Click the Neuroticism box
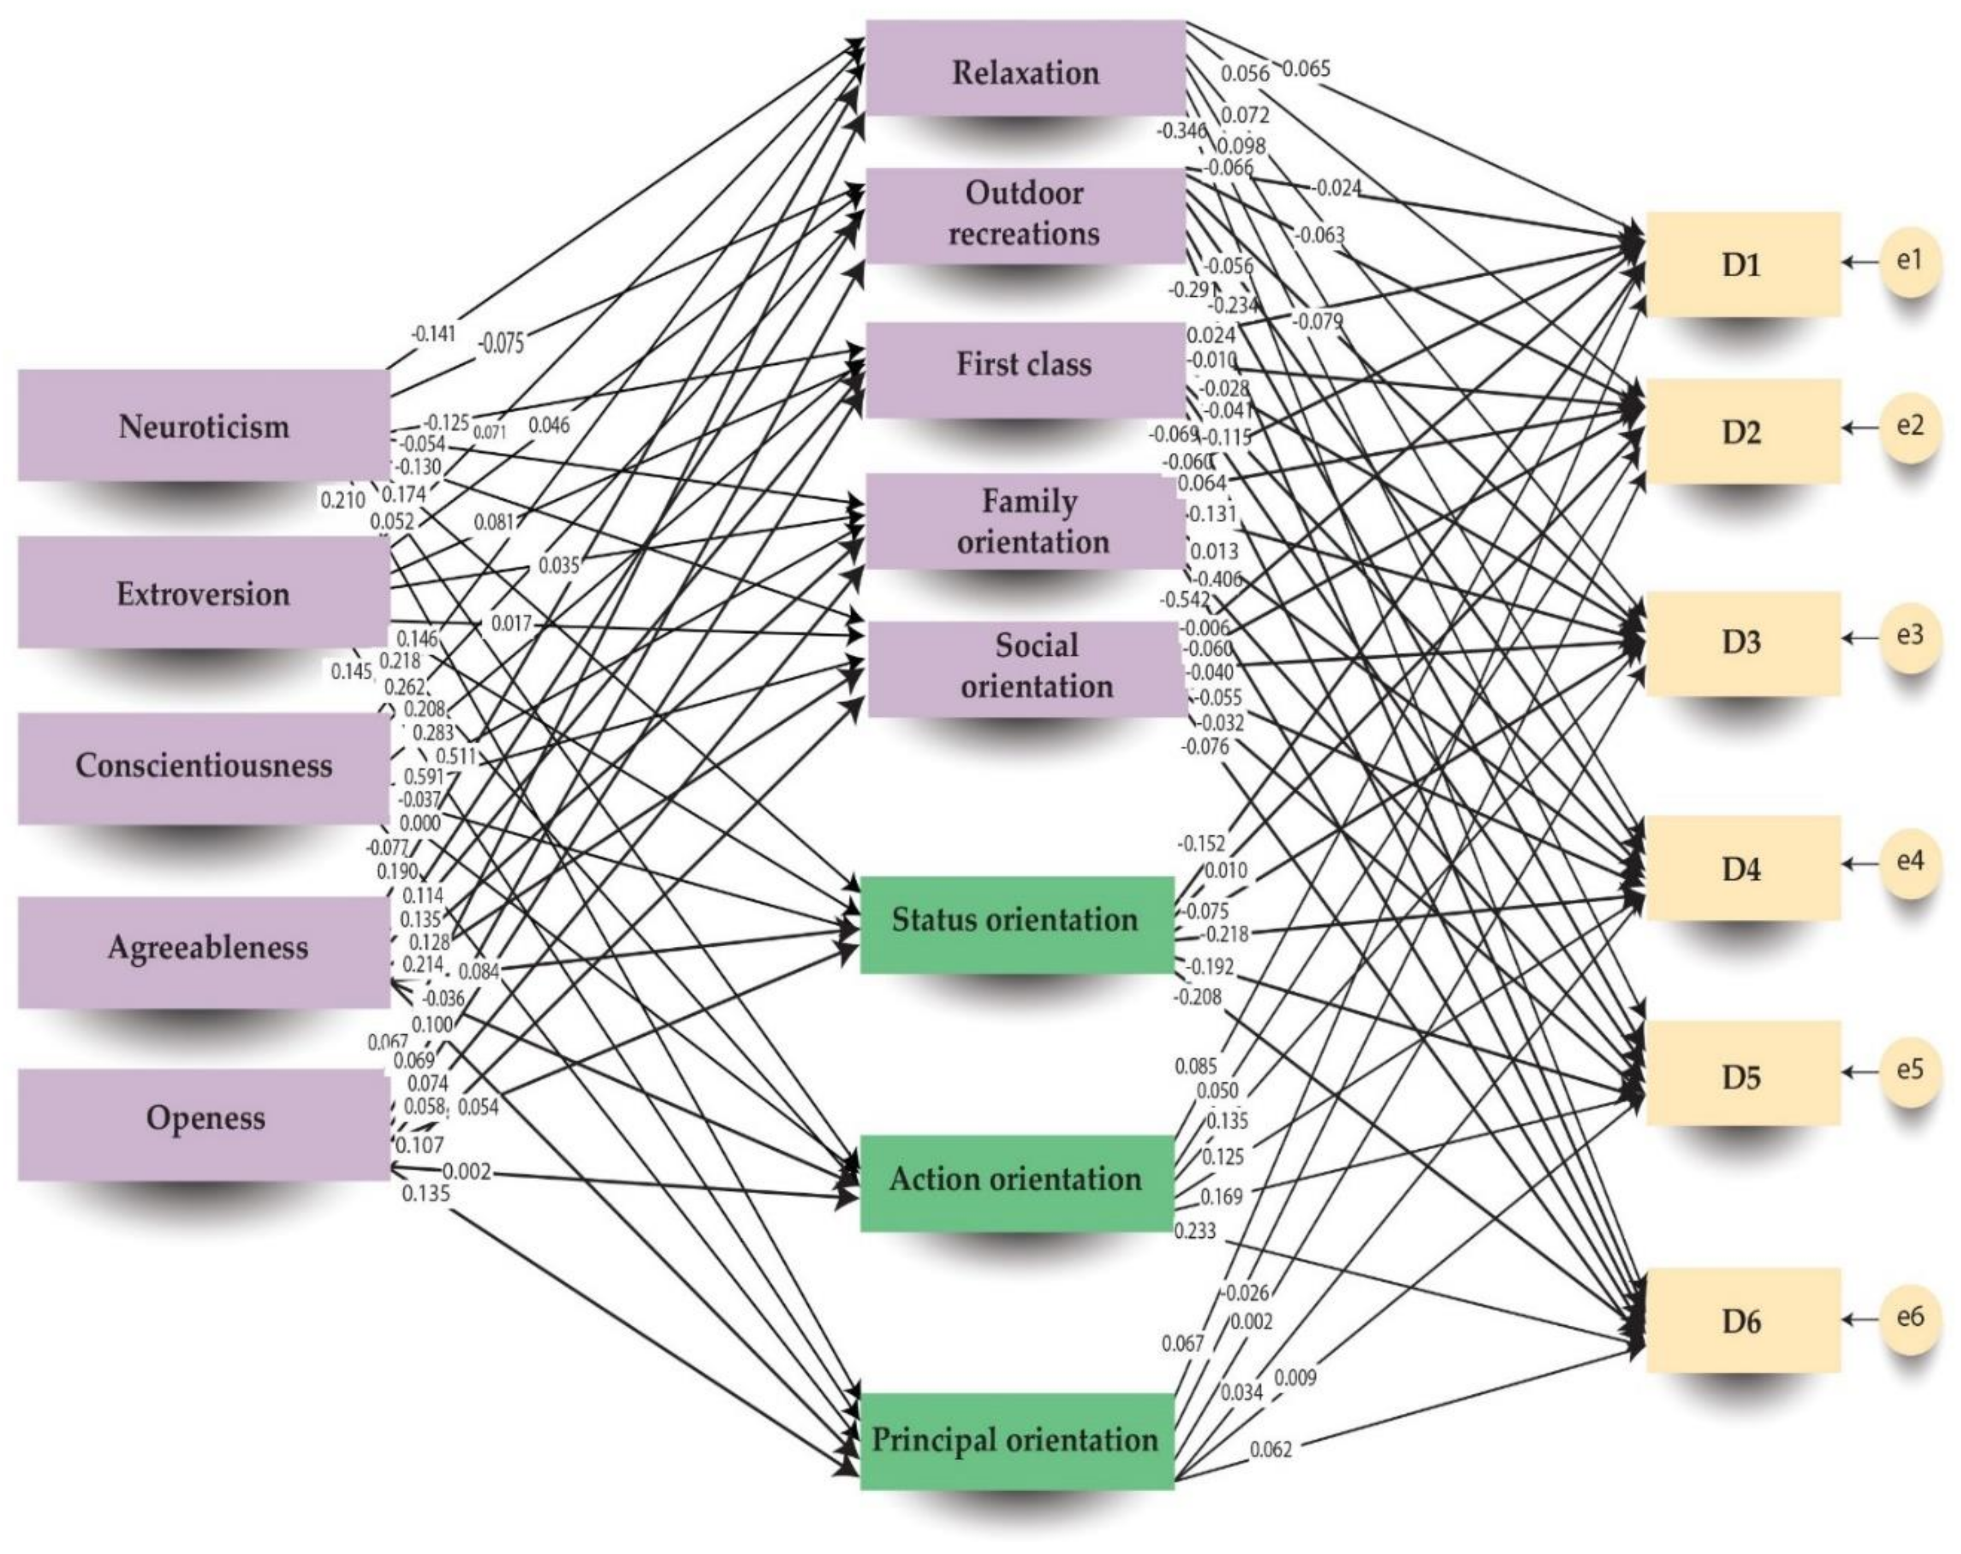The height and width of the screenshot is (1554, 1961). [203, 425]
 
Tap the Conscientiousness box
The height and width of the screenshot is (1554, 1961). [203, 765]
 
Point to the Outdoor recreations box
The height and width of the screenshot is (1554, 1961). [1025, 215]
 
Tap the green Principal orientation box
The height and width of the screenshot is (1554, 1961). [1016, 1440]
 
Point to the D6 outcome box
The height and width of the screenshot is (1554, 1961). [1743, 1320]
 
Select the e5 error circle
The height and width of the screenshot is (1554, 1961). [1910, 1070]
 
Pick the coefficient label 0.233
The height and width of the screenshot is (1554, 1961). [1195, 1231]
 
